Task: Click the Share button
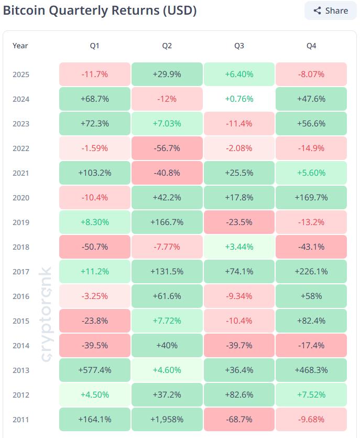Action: coord(330,10)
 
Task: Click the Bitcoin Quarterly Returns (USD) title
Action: coord(100,10)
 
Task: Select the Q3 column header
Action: coord(239,46)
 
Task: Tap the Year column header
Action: coord(20,46)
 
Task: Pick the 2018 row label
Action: coord(21,247)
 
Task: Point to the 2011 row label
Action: coord(21,420)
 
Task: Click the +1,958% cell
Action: coord(167,420)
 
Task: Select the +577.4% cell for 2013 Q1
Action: coord(94,370)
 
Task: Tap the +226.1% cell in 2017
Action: coord(311,272)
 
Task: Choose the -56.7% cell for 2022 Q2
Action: coord(167,148)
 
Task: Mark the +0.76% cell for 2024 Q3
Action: coord(239,99)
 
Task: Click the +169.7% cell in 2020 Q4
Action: coord(311,198)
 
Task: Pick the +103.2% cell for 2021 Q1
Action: coord(94,173)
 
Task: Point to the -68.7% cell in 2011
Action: coord(239,420)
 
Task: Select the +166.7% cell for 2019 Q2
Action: coord(167,222)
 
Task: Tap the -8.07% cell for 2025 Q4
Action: coord(311,74)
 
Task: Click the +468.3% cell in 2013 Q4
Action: coord(311,370)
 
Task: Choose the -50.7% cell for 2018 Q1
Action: coord(94,247)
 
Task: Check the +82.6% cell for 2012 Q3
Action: coord(239,395)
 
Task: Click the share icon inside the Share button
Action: coord(317,10)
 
